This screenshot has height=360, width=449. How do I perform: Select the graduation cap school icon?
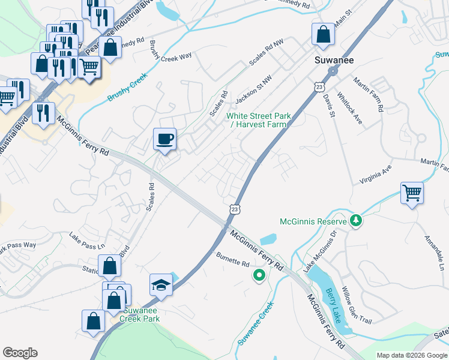161,284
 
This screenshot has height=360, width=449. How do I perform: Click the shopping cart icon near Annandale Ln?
412,193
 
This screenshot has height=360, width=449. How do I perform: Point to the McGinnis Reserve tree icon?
357,221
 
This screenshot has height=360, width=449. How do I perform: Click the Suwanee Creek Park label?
142,314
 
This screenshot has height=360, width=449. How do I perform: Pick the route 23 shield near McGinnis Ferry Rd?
234,208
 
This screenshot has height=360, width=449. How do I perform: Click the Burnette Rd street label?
232,263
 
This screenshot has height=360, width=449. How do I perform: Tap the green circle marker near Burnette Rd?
259,275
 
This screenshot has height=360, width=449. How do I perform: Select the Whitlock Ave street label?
350,108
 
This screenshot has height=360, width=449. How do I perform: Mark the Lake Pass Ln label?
86,241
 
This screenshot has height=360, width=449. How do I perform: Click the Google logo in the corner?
20,353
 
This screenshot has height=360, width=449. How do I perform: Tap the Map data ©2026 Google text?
411,355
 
